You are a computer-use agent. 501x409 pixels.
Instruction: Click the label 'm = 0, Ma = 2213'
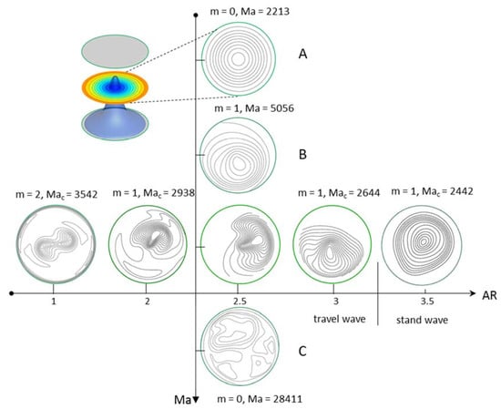(250, 12)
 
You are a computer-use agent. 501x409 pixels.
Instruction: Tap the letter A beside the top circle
(302, 54)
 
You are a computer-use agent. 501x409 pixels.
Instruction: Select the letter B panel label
(302, 154)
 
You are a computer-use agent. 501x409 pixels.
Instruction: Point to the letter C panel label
(302, 352)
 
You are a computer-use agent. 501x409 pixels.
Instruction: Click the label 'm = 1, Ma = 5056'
(254, 108)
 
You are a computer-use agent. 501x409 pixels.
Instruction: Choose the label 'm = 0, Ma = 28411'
(259, 399)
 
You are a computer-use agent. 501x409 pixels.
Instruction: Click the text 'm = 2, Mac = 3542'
(56, 194)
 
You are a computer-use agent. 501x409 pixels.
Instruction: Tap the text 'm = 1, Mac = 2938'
(154, 193)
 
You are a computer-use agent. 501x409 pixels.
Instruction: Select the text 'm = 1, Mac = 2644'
(339, 193)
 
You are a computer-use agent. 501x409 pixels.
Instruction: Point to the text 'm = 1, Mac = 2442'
(432, 191)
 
